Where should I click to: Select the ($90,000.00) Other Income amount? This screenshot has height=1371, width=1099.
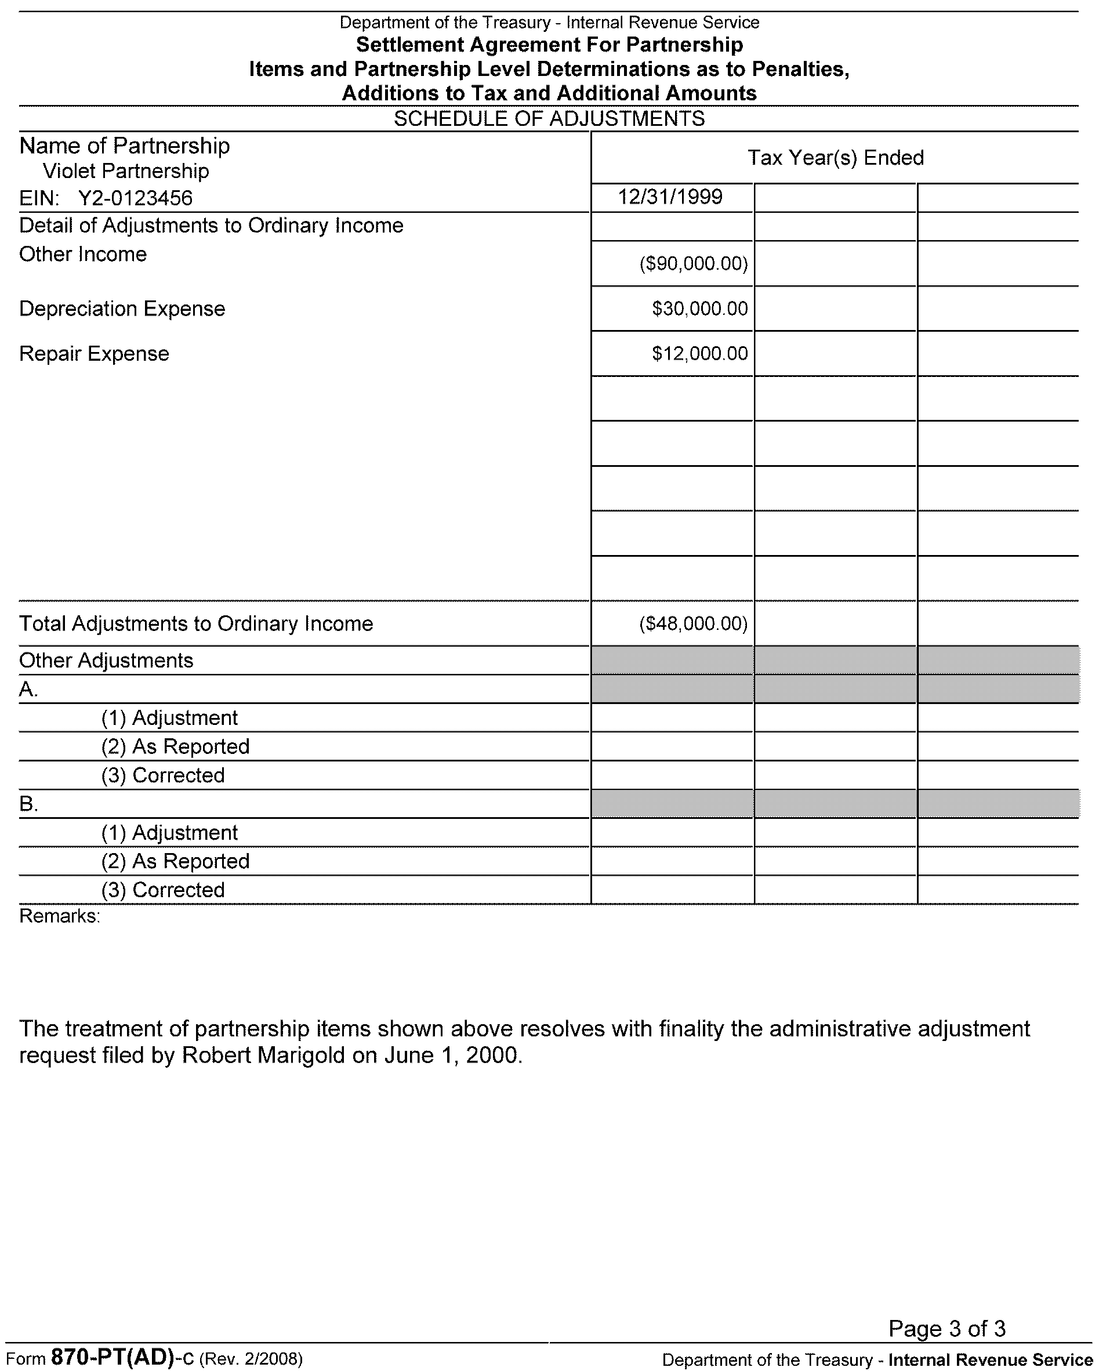pos(693,263)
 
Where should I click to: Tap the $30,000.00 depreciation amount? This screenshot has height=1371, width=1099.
pos(699,309)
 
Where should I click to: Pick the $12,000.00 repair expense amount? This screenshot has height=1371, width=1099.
pos(699,354)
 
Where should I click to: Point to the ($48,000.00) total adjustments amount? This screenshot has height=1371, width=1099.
pos(693,624)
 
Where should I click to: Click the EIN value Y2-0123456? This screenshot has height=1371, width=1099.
pos(135,198)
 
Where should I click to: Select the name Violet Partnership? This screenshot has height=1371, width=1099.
pos(125,171)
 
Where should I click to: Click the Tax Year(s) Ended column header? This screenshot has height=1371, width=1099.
pos(835,158)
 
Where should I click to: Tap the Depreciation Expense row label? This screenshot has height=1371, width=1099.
pos(122,309)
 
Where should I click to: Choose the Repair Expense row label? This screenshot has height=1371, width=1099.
pos(94,354)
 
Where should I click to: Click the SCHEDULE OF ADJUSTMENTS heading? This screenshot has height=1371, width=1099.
pos(549,119)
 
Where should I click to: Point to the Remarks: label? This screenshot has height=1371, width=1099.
pos(60,916)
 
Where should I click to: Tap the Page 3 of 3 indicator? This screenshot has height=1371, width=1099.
pos(946,1329)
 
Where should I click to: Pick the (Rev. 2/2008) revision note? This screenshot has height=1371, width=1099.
pos(251,1359)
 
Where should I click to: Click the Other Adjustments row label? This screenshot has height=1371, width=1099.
pos(106,661)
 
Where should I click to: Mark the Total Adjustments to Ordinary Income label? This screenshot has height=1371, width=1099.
pos(196,624)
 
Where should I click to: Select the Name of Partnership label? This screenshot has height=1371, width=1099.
pos(125,146)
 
